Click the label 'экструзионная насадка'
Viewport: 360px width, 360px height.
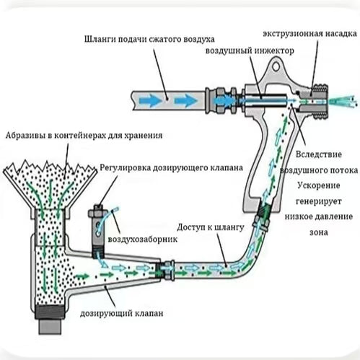coord(309,34)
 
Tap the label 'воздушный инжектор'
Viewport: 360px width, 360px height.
coord(250,51)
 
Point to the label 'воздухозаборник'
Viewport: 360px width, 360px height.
coord(143,240)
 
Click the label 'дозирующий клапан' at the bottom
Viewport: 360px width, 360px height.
coord(122,313)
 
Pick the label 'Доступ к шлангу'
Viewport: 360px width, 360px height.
coord(211,227)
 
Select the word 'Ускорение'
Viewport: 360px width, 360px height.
coord(319,185)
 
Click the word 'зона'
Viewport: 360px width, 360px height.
coord(319,232)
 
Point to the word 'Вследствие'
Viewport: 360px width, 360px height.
coord(319,154)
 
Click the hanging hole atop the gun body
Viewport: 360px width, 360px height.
coord(276,66)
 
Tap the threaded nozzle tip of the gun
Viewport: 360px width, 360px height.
coord(319,101)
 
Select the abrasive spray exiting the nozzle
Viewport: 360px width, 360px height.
coord(343,101)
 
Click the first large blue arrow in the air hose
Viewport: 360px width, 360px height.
coord(152,100)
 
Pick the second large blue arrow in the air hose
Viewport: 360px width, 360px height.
coord(185,100)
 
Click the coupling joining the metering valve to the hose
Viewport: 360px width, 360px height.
coord(165,270)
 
